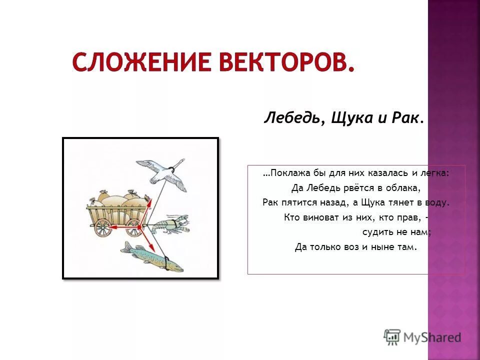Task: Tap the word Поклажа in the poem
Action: click(290, 173)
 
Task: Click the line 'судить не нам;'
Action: click(396, 232)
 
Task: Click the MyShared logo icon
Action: click(392, 336)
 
